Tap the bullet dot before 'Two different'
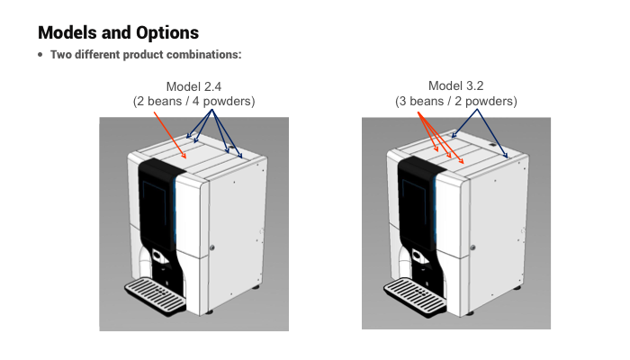[40, 56]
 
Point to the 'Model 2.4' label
[194, 86]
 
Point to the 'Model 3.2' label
[456, 86]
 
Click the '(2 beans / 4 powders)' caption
[194, 102]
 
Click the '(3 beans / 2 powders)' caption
[456, 102]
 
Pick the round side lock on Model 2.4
[212, 248]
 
